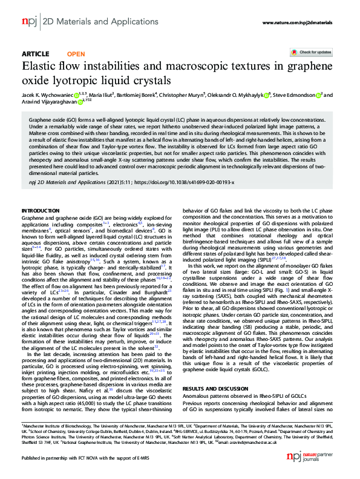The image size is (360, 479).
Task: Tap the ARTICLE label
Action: click(35, 54)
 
